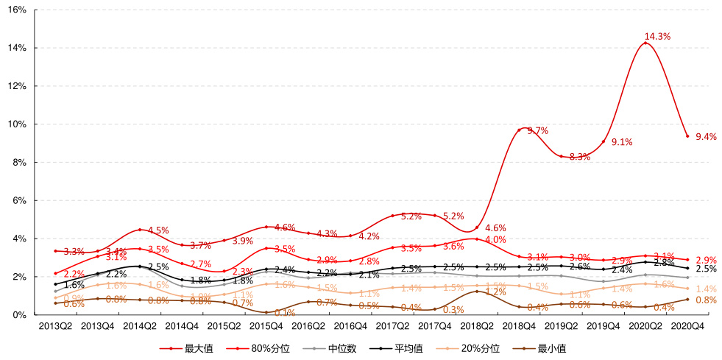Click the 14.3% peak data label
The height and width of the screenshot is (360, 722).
click(657, 36)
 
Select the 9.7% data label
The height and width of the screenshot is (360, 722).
click(538, 131)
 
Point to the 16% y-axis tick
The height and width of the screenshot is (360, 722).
click(18, 10)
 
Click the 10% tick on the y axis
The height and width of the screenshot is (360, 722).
click(18, 124)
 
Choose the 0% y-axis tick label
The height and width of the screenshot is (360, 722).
click(21, 315)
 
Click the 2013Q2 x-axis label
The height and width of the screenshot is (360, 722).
click(55, 325)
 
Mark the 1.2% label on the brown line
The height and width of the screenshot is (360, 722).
click(495, 292)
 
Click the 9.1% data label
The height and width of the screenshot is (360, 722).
click(622, 142)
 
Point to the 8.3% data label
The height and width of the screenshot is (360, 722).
click(580, 157)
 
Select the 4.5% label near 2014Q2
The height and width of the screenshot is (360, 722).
click(158, 230)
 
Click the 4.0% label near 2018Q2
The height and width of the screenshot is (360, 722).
click(495, 240)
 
